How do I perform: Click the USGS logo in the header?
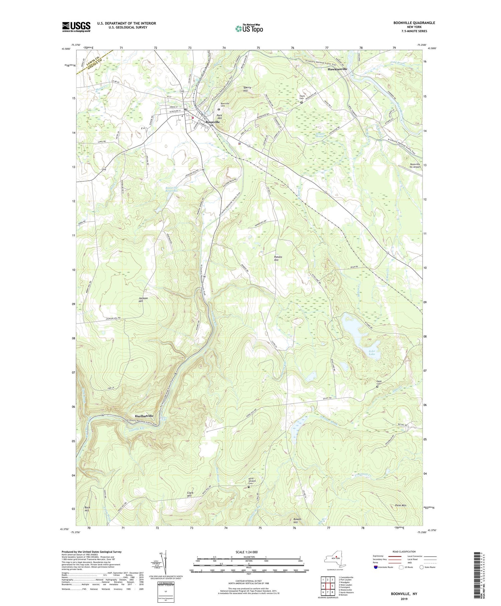click(x=76, y=27)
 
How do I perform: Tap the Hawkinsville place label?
click(x=337, y=69)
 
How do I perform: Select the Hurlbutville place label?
click(x=142, y=415)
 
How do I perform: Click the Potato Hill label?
click(x=278, y=258)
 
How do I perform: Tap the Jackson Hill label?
click(x=143, y=299)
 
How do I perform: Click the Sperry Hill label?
click(x=247, y=89)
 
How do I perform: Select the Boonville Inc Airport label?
click(x=411, y=165)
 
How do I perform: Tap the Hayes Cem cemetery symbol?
click(x=301, y=103)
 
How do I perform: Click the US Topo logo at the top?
click(x=249, y=28)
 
